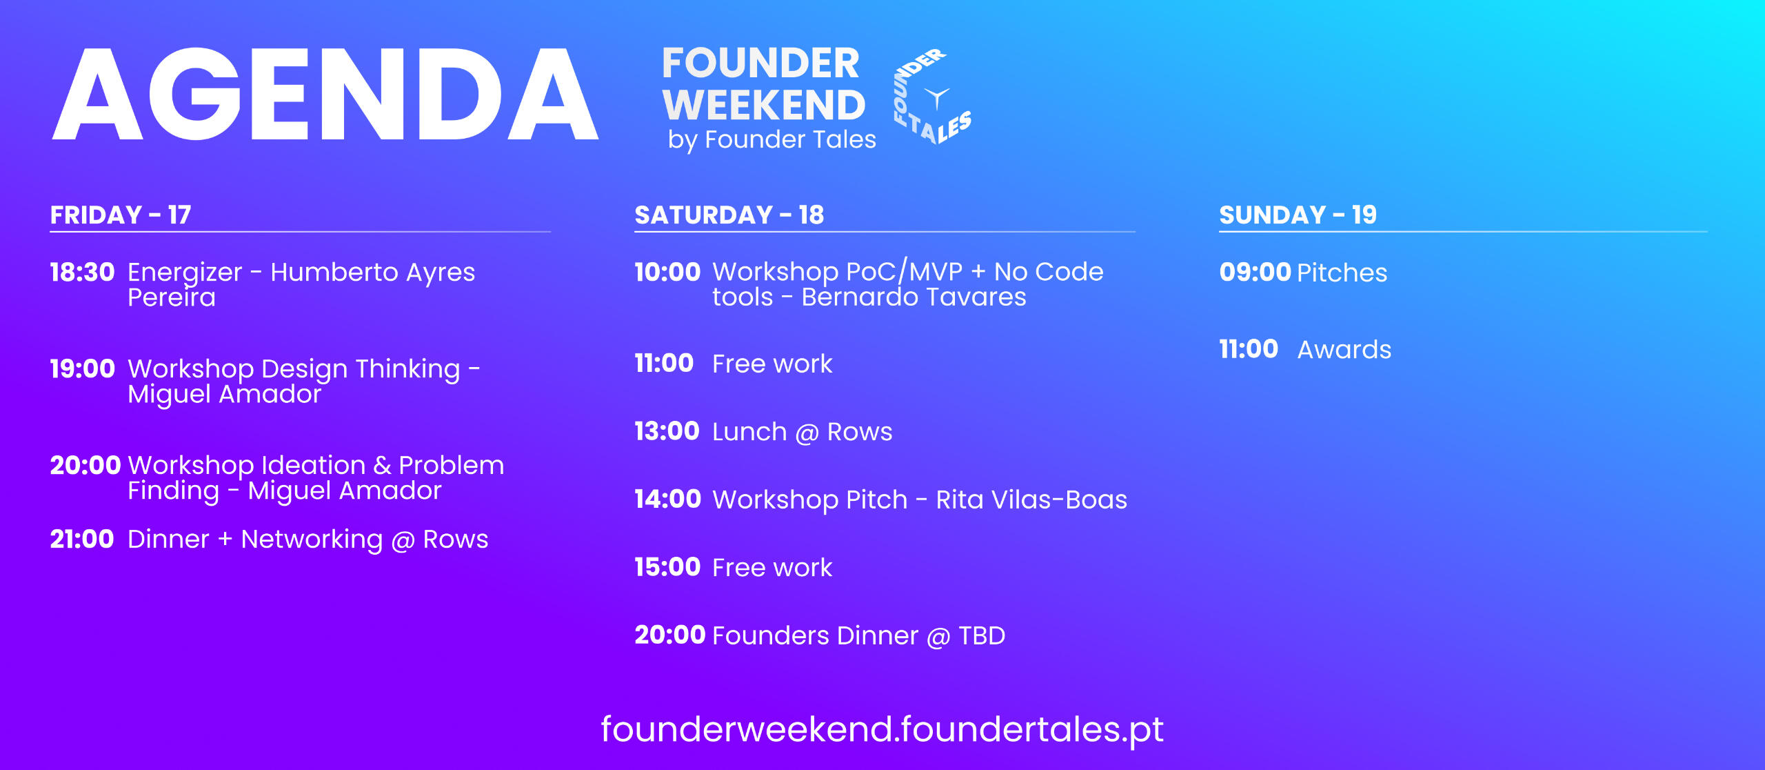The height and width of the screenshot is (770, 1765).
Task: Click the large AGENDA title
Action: pos(325,94)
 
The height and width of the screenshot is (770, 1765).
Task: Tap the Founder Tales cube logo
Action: pos(932,97)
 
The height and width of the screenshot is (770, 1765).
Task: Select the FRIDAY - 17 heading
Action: pos(121,215)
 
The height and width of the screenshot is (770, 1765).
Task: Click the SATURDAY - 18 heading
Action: pos(729,215)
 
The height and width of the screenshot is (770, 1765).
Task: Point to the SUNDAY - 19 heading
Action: pos(1298,215)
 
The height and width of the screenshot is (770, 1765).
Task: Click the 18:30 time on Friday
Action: pos(82,273)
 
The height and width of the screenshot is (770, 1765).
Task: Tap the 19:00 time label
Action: pos(82,369)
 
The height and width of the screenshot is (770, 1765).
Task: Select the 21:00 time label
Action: pos(82,539)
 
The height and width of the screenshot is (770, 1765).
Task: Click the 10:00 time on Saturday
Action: pos(667,273)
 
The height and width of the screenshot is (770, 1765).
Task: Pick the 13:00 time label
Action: pos(667,431)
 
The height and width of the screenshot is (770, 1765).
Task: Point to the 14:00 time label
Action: pos(667,499)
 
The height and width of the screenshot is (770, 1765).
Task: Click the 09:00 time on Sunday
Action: pos(1255,273)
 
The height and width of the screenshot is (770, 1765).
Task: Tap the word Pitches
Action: pos(1342,273)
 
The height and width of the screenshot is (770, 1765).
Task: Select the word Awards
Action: pos(1344,350)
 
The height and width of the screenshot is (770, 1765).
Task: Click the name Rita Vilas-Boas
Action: pos(1031,500)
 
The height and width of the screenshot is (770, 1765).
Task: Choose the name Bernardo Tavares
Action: pos(914,297)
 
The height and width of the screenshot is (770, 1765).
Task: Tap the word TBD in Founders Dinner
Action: pos(982,635)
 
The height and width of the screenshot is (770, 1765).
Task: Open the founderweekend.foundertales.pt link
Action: pos(882,730)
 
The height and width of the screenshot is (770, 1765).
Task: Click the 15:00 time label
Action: pos(667,567)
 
